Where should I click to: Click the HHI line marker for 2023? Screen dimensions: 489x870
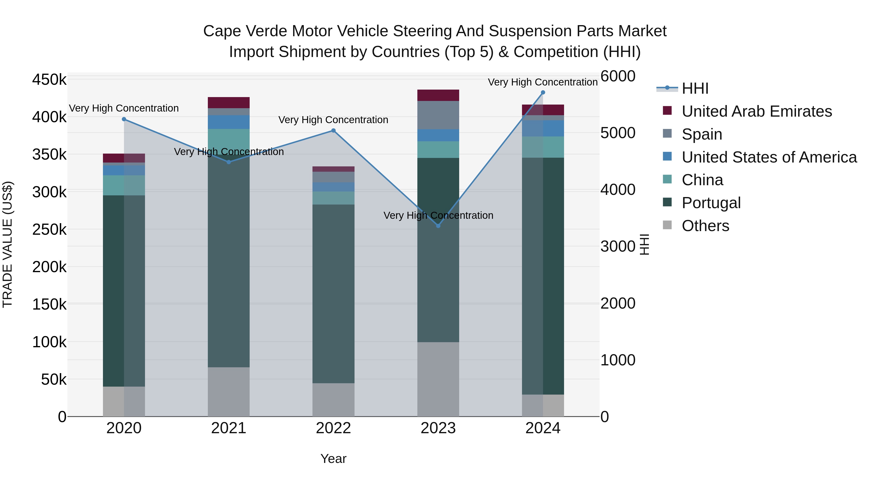click(x=438, y=226)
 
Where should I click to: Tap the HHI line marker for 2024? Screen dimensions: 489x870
click(x=543, y=92)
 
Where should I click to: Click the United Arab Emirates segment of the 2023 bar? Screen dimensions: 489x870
click(x=438, y=95)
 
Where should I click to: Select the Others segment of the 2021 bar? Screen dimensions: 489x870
click(x=229, y=391)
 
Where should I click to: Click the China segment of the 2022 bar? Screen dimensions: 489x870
click(x=333, y=198)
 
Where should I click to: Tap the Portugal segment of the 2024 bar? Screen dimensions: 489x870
click(x=543, y=276)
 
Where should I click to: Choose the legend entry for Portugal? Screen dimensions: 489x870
click(x=711, y=203)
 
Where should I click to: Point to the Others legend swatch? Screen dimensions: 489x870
click(x=667, y=225)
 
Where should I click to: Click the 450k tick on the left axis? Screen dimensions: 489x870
click(x=49, y=80)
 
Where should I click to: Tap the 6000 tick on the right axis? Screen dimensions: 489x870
click(x=618, y=76)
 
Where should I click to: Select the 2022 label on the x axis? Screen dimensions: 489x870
click(x=333, y=428)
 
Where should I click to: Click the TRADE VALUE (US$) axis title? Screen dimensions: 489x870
click(x=8, y=244)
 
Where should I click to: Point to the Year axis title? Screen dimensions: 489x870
click(x=333, y=459)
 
